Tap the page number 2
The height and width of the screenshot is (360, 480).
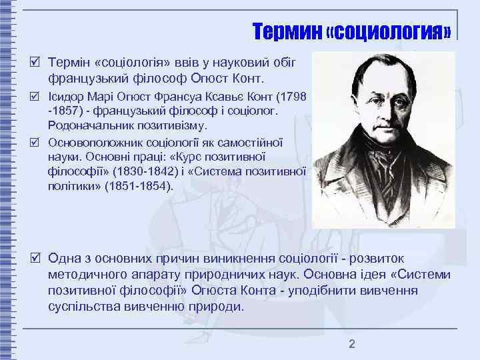tap(352, 344)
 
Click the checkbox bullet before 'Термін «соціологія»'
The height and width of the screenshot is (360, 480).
tap(39, 62)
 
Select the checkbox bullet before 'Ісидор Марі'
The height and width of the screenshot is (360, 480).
tap(39, 97)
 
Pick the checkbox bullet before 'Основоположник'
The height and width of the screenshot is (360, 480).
tap(39, 142)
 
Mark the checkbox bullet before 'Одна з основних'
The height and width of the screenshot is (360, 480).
tap(39, 258)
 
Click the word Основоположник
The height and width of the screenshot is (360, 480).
tap(93, 142)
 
